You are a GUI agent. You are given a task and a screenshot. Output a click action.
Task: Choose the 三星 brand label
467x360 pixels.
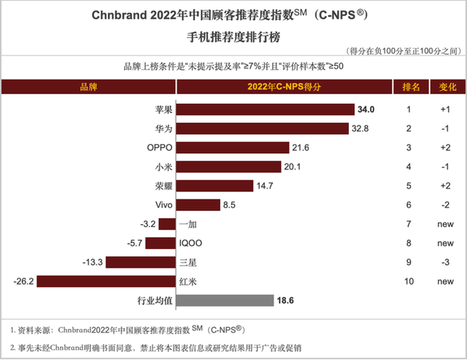187,261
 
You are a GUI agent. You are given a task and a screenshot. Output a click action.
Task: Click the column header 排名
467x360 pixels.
412,88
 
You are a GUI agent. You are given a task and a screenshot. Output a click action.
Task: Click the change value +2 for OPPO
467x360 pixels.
445,148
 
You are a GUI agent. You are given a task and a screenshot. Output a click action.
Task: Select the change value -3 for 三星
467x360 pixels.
445,261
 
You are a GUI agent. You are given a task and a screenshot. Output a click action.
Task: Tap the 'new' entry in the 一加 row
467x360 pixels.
445,223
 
